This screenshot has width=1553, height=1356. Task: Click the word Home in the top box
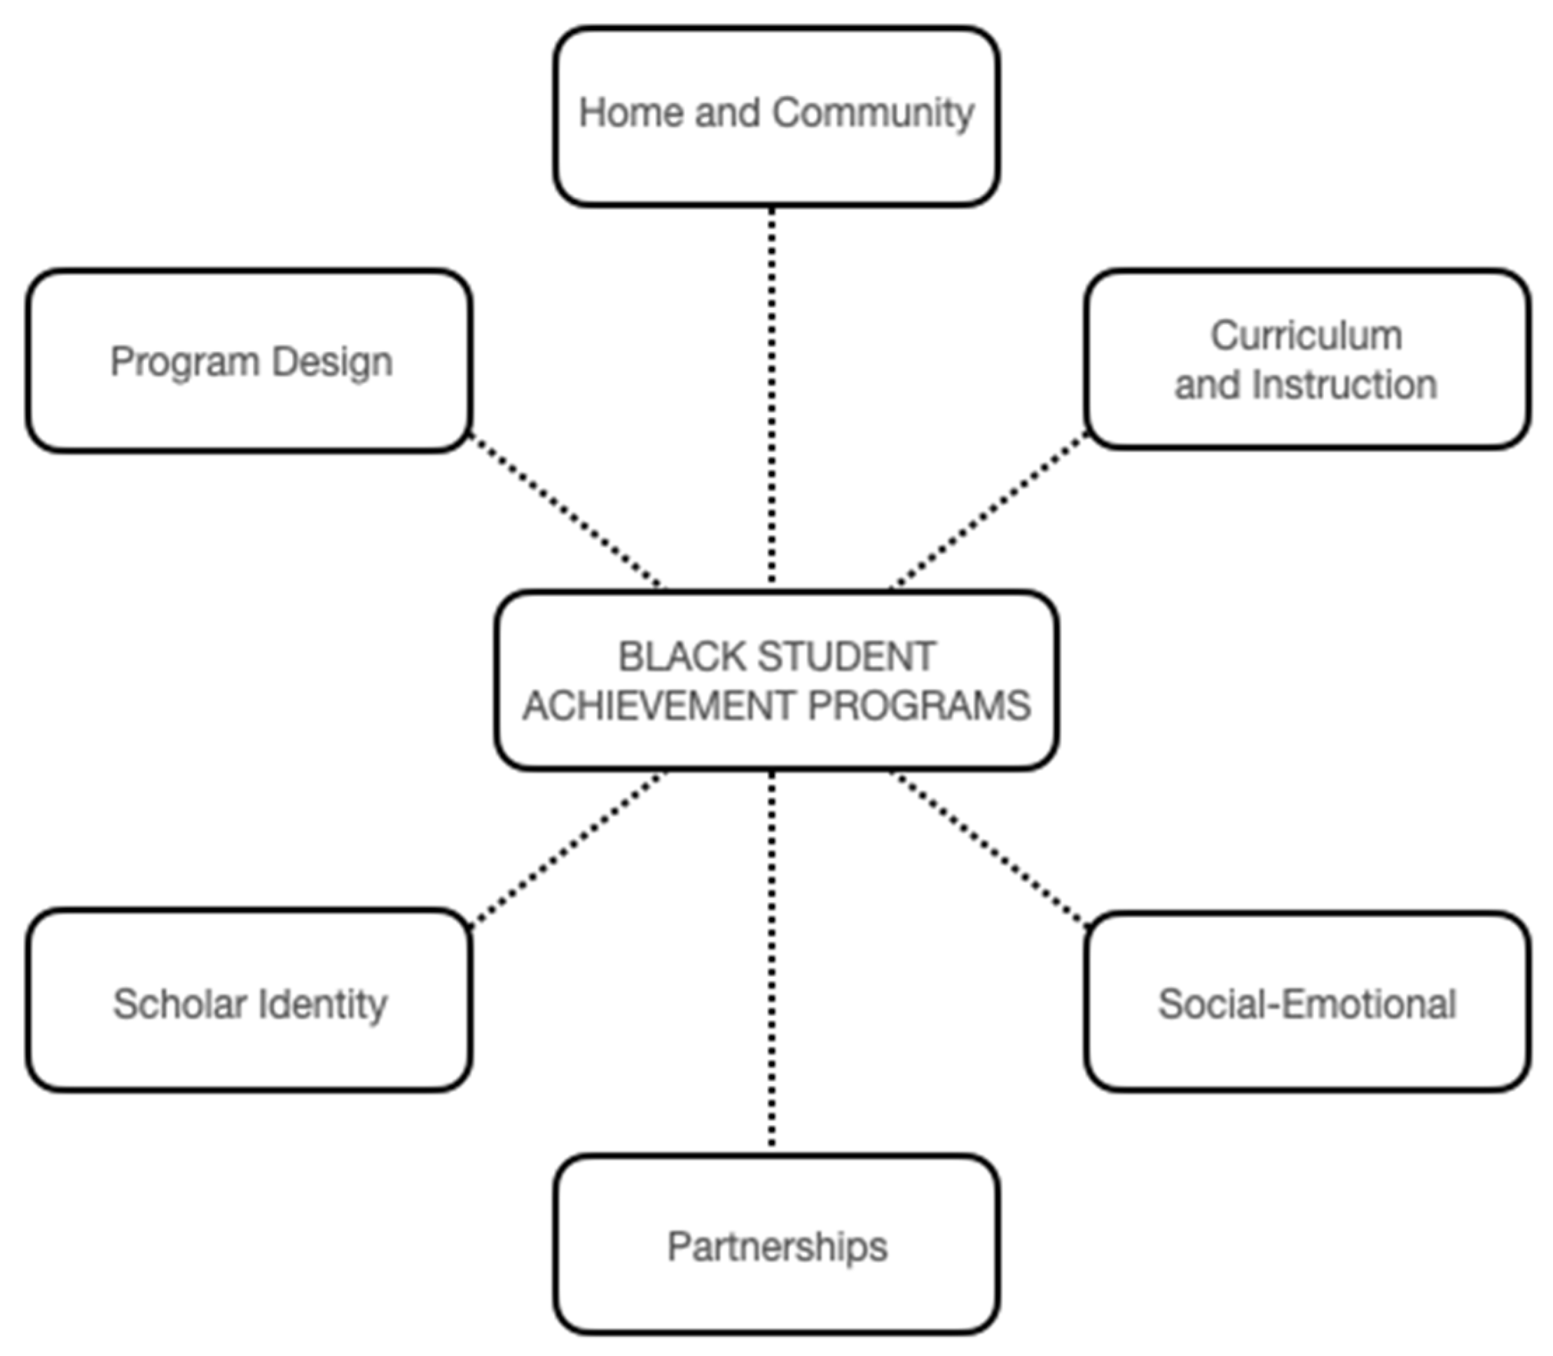tap(632, 113)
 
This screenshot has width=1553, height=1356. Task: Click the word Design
tap(332, 362)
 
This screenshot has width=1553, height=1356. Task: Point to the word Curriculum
tap(1306, 335)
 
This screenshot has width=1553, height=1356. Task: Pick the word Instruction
tap(1344, 385)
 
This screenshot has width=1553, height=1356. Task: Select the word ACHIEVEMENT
tap(657, 706)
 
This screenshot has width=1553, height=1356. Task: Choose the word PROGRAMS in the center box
tap(918, 706)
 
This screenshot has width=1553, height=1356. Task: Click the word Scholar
tap(179, 1005)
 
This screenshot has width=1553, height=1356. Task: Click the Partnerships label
tap(777, 1247)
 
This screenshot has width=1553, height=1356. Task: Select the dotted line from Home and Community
tap(771, 393)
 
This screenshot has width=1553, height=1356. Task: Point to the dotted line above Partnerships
tap(771, 961)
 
